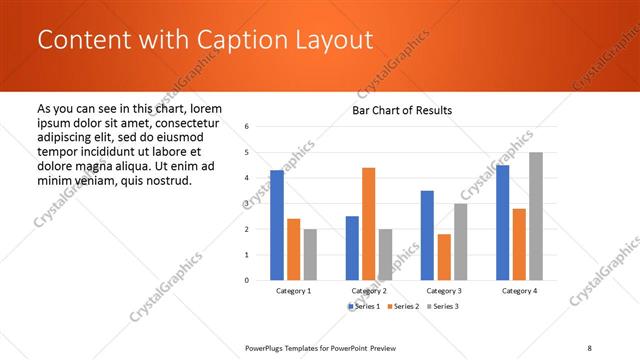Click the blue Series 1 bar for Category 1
[x=277, y=225]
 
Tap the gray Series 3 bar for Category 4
[x=536, y=216]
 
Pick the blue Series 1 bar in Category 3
[x=427, y=235]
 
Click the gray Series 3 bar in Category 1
[x=310, y=254]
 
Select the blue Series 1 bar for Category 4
[x=502, y=222]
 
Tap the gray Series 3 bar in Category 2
[x=385, y=254]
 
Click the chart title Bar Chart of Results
[x=402, y=110]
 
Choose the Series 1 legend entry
[x=366, y=306]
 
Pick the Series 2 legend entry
[x=403, y=306]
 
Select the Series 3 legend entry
[x=441, y=306]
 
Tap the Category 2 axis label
[x=369, y=291]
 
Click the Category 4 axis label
[x=519, y=291]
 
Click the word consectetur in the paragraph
[x=186, y=123]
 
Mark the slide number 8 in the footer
[x=590, y=347]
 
